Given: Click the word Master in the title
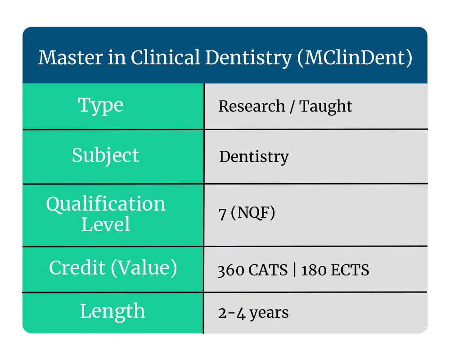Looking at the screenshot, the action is point(71,58).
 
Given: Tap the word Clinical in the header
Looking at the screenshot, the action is point(166,58).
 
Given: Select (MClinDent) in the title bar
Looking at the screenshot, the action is point(355,58).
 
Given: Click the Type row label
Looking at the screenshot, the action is point(101,106).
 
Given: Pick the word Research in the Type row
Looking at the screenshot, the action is point(252,106).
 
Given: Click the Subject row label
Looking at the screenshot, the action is point(106,156).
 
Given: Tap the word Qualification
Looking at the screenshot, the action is point(106,204).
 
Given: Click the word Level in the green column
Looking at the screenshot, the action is point(106,225).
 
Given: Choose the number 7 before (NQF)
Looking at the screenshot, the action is point(222,214).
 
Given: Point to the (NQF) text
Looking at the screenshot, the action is point(253,213).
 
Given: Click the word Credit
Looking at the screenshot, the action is point(77,268).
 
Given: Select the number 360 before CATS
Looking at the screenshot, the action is point(231,270).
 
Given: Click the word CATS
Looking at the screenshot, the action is point(268,270).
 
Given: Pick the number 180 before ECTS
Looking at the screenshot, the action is point(314,270).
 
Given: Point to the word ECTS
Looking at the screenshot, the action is point(350,270).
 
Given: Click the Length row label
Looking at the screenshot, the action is point(112,312).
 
